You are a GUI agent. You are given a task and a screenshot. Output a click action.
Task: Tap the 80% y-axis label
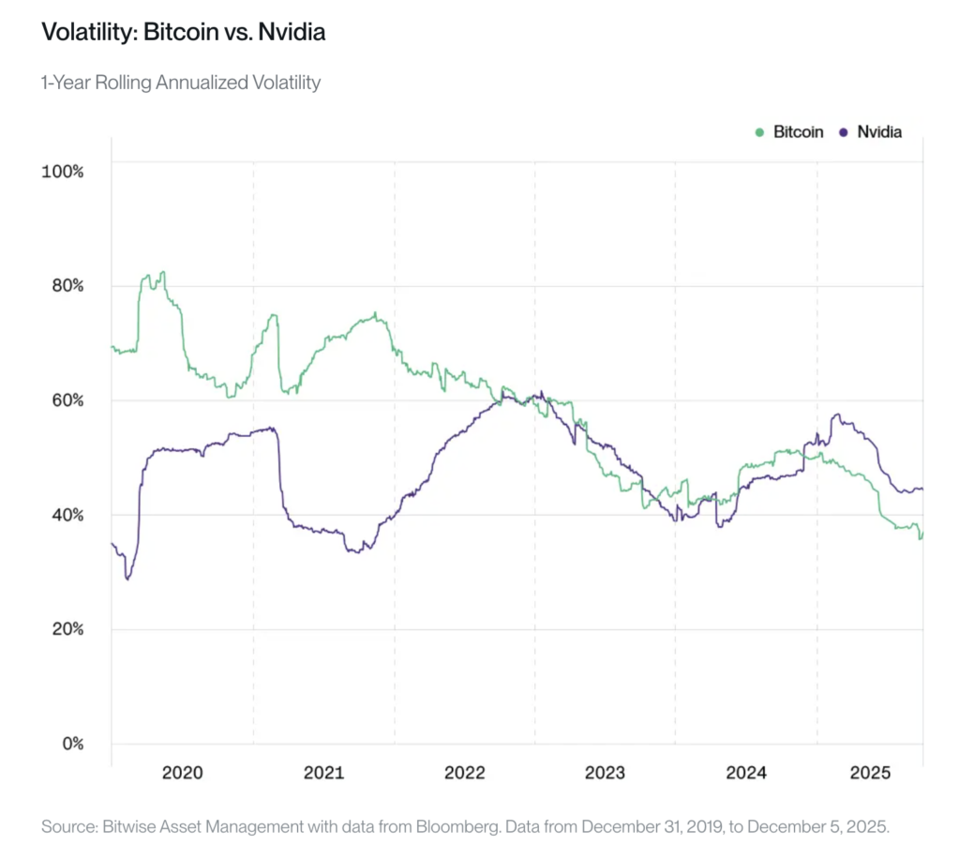tap(67, 286)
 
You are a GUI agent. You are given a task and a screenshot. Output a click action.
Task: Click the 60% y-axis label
tap(67, 400)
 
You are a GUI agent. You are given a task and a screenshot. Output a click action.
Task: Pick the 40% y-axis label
tap(67, 515)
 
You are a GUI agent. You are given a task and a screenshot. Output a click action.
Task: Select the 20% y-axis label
tap(67, 629)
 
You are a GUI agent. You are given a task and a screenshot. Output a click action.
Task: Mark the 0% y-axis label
tap(71, 744)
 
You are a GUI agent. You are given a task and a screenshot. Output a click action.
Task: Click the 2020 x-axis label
tap(182, 773)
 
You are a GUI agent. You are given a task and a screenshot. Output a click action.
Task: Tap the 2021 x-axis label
tap(323, 773)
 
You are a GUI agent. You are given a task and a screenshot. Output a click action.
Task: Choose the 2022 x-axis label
tap(464, 773)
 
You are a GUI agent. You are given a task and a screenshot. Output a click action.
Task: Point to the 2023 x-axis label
tap(605, 773)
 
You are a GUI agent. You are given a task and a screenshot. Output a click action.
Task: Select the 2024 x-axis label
tap(746, 773)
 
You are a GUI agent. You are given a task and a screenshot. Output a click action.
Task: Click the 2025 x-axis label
tap(869, 773)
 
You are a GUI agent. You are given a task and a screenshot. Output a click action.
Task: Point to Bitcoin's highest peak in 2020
tap(163, 272)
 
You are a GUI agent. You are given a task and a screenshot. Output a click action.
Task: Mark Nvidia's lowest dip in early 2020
tap(127, 579)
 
